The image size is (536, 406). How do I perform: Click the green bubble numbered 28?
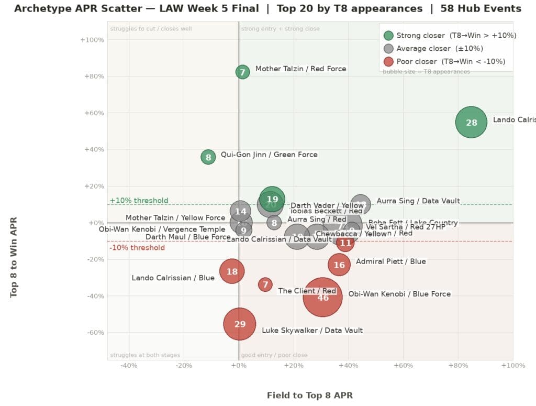pyautogui.click(x=471, y=122)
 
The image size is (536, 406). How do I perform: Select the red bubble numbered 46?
pyautogui.click(x=322, y=297)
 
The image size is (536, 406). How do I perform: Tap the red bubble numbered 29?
pyautogui.click(x=240, y=324)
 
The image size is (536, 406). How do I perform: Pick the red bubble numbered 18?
pyautogui.click(x=232, y=271)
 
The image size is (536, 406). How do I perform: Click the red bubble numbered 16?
pyautogui.click(x=339, y=265)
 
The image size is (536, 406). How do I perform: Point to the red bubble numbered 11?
pyautogui.click(x=345, y=243)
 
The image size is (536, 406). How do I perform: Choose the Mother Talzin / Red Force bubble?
pyautogui.click(x=242, y=72)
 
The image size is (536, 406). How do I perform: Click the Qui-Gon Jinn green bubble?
pyautogui.click(x=208, y=157)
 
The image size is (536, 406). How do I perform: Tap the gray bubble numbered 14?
pyautogui.click(x=240, y=212)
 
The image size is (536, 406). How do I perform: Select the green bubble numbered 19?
pyautogui.click(x=272, y=199)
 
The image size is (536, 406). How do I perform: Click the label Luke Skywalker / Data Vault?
pyautogui.click(x=312, y=330)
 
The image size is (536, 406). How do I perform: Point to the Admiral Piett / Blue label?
pyautogui.click(x=390, y=261)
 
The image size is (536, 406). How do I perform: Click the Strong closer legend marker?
pyautogui.click(x=388, y=36)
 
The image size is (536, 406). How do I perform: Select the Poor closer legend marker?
pyautogui.click(x=388, y=61)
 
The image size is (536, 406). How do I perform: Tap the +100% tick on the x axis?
pyautogui.click(x=512, y=365)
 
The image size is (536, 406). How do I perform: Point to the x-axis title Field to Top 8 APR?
pyautogui.click(x=310, y=396)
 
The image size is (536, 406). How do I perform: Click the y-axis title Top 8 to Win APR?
pyautogui.click(x=14, y=257)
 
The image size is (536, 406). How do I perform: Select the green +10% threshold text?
pyautogui.click(x=139, y=201)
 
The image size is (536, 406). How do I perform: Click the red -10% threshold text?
pyautogui.click(x=137, y=248)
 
